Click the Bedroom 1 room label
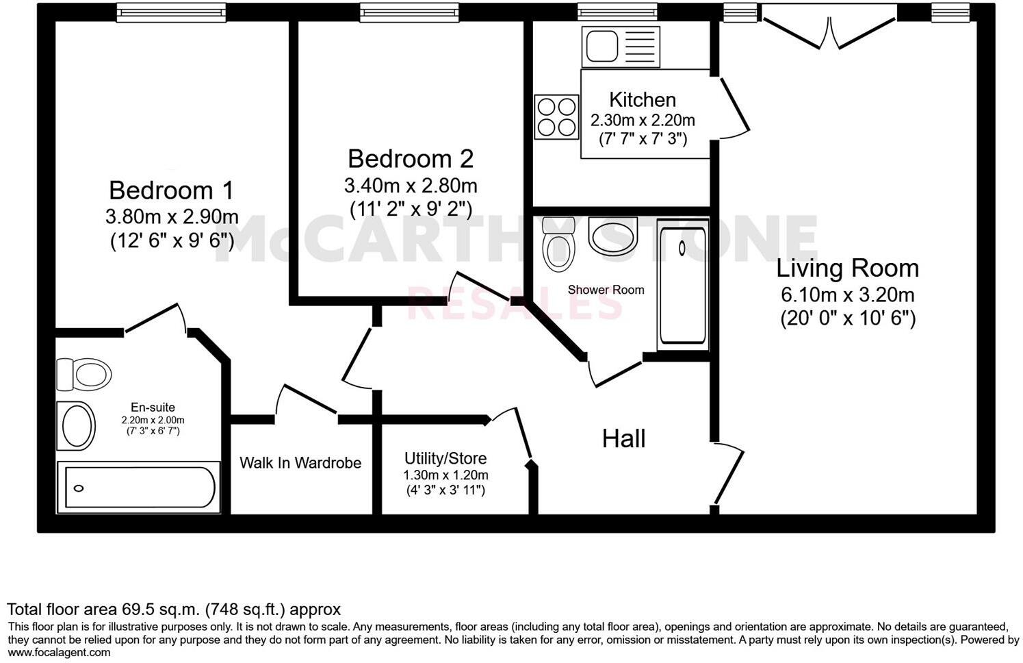point(171,190)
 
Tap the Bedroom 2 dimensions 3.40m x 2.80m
point(411,186)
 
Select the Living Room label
point(847,268)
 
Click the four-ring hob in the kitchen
point(556,117)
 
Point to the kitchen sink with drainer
point(620,47)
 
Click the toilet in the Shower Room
point(558,244)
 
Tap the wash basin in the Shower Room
point(613,236)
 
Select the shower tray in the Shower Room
point(682,284)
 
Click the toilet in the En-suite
point(85,374)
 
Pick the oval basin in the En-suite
point(77,425)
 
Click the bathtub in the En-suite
point(139,488)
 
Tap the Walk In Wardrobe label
point(300,463)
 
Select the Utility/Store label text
point(445,458)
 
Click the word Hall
point(623,439)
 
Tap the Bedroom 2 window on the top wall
point(410,12)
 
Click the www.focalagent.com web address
point(59,652)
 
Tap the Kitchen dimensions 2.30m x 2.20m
point(643,121)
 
